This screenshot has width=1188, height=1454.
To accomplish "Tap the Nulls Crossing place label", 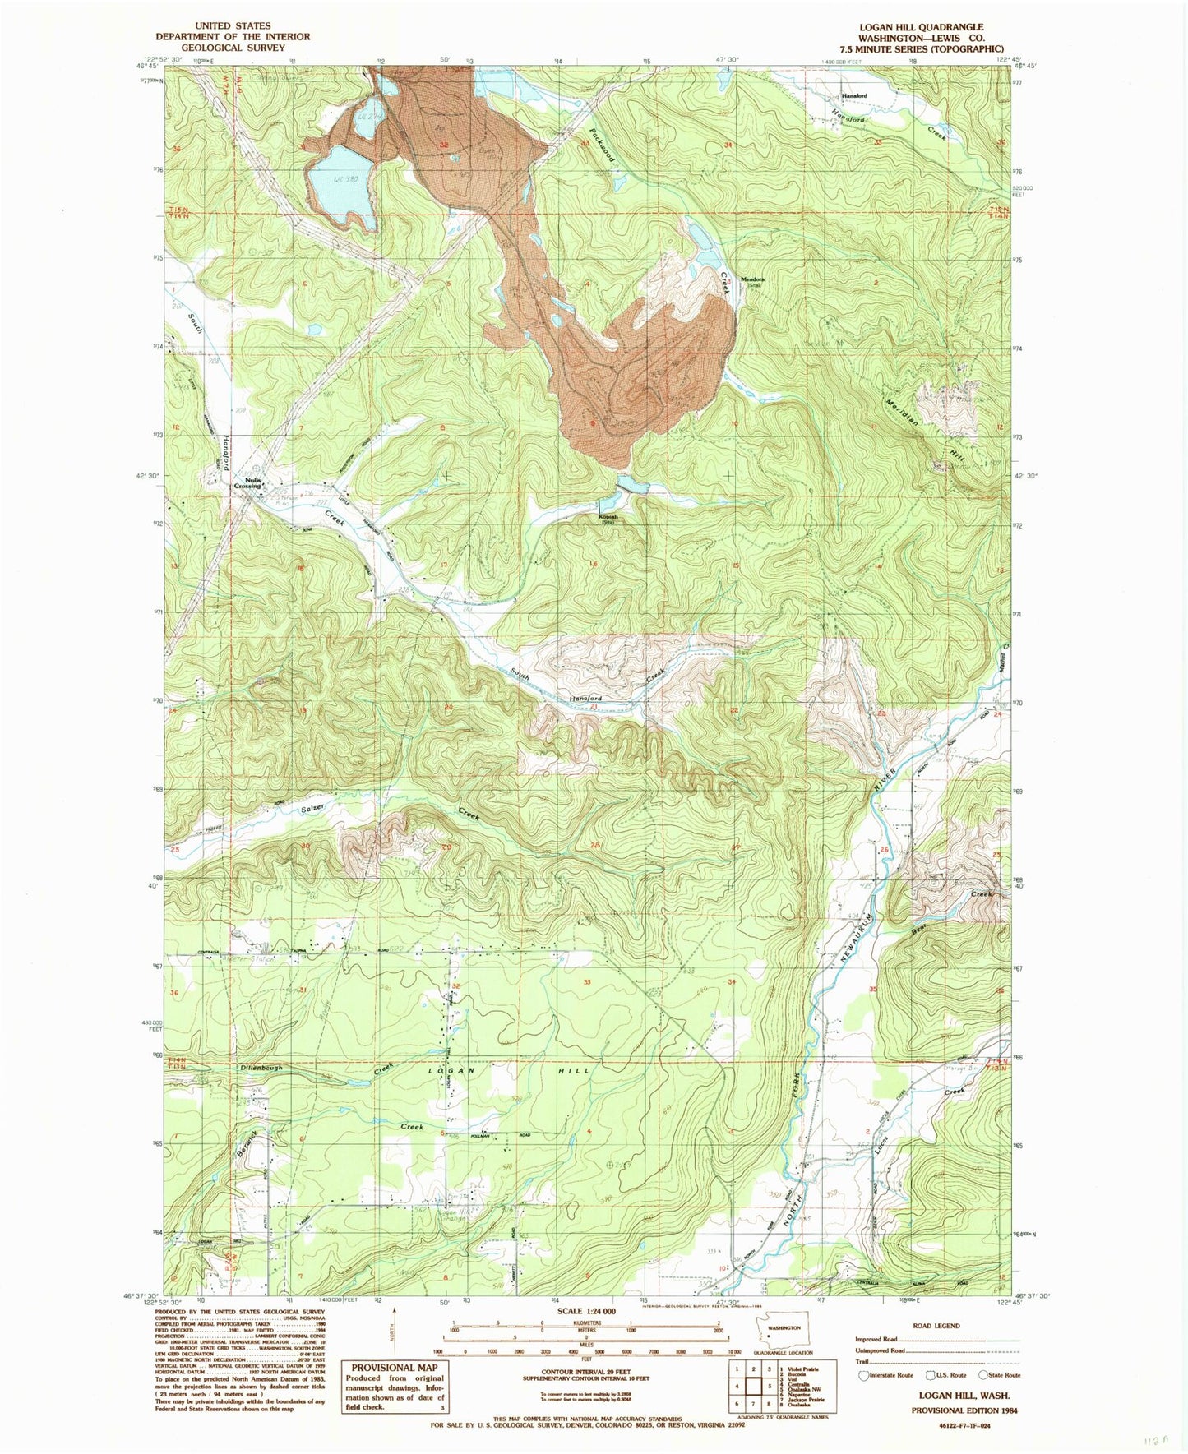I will [x=247, y=483].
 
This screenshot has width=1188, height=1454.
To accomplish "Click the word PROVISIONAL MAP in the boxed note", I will [x=394, y=1368].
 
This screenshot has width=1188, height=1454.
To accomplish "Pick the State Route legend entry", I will [x=999, y=1374].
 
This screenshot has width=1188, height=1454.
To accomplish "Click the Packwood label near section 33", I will [x=602, y=144].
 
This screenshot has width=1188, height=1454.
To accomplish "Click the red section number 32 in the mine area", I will [x=445, y=145].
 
